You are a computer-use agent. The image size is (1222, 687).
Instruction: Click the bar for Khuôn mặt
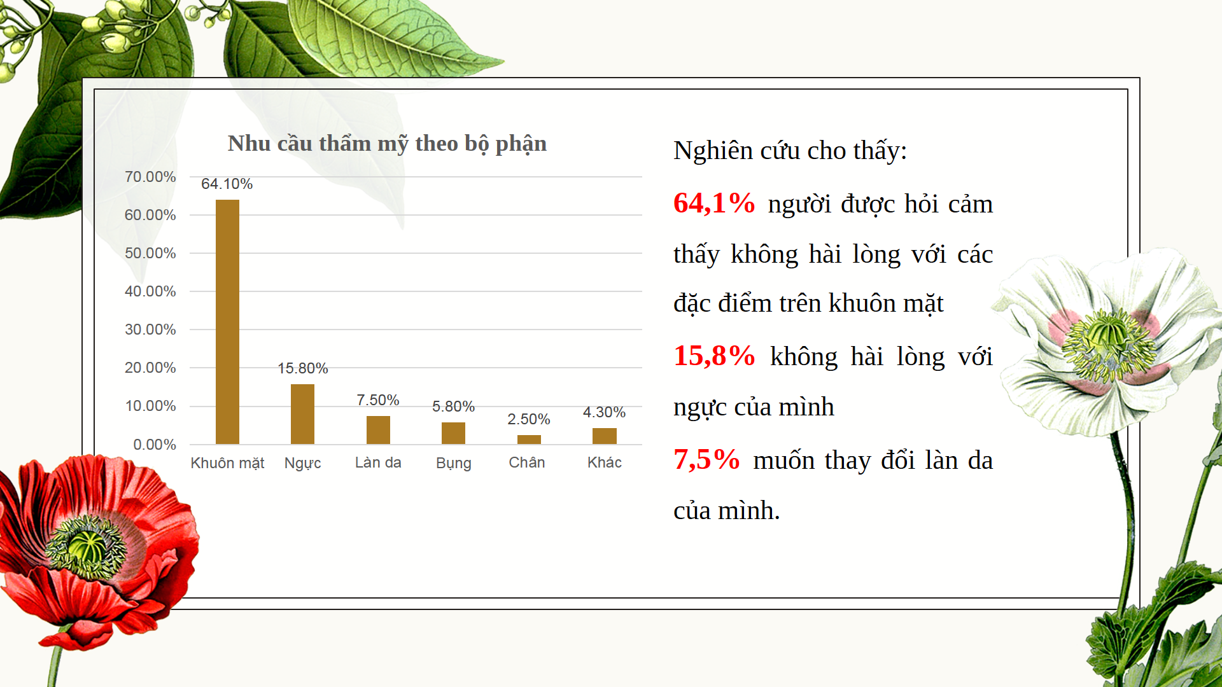227,322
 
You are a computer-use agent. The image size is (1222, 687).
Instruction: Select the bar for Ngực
302,414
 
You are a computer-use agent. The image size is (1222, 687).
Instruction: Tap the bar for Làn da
378,430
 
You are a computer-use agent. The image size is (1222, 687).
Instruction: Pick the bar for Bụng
453,433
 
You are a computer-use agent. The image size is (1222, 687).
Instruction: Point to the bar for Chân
529,440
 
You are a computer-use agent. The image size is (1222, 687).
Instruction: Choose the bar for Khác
605,436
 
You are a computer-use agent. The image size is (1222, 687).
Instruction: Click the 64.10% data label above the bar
227,184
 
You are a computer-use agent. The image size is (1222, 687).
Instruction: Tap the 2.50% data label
529,419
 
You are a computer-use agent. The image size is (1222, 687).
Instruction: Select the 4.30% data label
605,412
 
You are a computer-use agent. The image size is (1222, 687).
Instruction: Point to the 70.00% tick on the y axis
150,177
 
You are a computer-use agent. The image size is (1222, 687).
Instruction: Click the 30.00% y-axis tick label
150,330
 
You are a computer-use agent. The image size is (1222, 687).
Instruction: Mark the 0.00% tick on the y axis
155,445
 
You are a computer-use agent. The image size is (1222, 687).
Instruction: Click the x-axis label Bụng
454,463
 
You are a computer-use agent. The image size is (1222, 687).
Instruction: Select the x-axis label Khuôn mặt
227,463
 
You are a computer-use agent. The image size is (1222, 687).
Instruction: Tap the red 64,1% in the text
714,203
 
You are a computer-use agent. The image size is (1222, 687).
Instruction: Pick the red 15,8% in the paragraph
714,356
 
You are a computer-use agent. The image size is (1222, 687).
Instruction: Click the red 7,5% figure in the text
706,459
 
